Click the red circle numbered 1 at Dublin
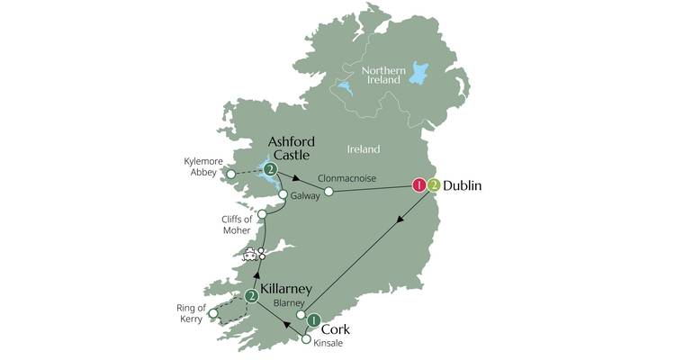coord(418,185)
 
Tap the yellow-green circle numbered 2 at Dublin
coord(434,185)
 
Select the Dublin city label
coord(463,186)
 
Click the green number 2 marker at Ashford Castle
coord(268,168)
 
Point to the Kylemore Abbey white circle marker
coord(231,174)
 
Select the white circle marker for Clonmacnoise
coord(328,192)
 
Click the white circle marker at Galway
coord(283,194)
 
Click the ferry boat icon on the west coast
coord(248,255)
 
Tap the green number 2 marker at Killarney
coord(252,295)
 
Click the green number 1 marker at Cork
coord(313,319)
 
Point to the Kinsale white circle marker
coord(307,339)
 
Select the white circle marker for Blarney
coord(301,315)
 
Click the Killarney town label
coord(286,289)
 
